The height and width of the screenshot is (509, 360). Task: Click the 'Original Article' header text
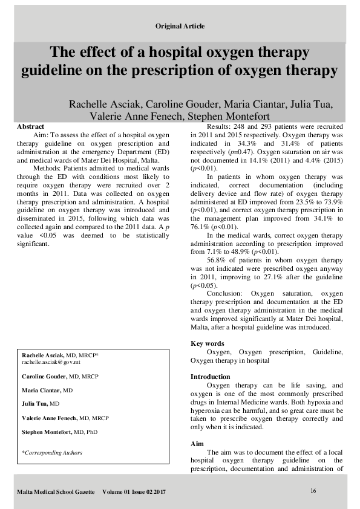pos(180,26)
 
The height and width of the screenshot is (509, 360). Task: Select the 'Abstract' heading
pos(30,126)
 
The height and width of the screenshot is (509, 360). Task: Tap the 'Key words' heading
pos(207,343)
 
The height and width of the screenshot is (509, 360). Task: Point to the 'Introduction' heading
pos(210,377)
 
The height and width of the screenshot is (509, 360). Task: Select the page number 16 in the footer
pos(313,490)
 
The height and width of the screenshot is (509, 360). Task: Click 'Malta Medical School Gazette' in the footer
pos(56,492)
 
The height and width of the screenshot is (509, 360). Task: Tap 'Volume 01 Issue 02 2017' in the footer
pos(134,492)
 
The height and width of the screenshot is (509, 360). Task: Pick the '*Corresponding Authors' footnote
pos(52,452)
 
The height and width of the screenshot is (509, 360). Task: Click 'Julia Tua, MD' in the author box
pos(41,403)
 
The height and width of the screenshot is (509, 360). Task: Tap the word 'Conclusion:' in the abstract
pos(226,293)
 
